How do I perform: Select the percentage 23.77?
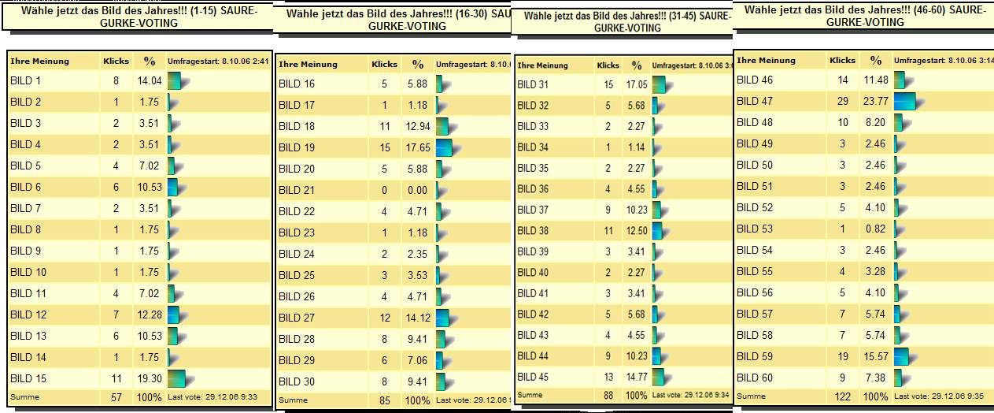click(x=876, y=101)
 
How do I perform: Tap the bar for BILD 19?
click(x=443, y=147)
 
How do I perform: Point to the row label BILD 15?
click(x=28, y=378)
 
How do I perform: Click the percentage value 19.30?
click(x=149, y=378)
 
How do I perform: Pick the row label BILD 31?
click(x=533, y=84)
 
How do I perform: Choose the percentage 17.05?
click(x=636, y=84)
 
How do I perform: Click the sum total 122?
click(x=842, y=396)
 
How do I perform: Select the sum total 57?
click(x=116, y=397)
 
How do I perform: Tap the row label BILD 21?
click(x=297, y=190)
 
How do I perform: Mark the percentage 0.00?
click(x=417, y=190)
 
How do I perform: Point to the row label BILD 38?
click(x=533, y=232)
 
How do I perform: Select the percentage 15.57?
click(x=876, y=356)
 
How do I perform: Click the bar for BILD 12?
click(x=173, y=314)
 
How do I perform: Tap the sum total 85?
click(x=384, y=400)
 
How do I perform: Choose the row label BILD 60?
click(x=754, y=378)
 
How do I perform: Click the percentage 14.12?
click(x=417, y=318)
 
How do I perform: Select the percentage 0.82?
click(x=876, y=229)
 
